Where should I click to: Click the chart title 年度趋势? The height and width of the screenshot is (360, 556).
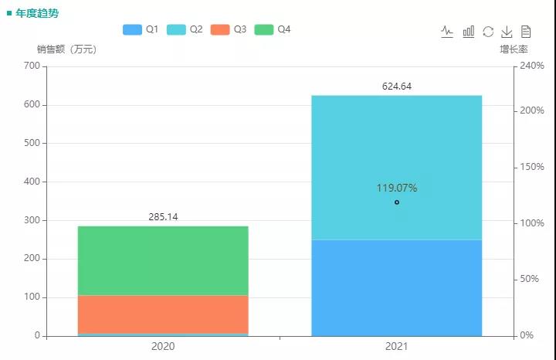coord(37,13)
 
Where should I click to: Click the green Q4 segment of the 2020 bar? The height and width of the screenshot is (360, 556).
coord(163,260)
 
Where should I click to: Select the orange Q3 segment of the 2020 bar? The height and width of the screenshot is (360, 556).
coord(163,314)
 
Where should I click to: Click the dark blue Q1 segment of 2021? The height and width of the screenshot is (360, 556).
coord(396,287)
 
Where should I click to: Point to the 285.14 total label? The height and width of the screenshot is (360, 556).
coord(163,217)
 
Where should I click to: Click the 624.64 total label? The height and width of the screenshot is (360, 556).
coord(396,87)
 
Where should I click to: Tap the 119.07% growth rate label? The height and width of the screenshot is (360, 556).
coord(397,188)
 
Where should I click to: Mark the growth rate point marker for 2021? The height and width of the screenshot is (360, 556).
coord(397,202)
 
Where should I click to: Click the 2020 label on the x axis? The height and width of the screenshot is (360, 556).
coord(163,347)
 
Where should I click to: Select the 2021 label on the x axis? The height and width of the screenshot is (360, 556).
coord(396,347)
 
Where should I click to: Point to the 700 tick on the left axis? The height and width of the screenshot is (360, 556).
coord(31,66)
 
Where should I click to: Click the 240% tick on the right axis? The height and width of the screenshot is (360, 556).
coord(531,66)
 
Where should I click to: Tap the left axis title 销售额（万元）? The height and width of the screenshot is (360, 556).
coord(66,49)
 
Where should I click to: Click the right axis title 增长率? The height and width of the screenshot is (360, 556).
coord(514,49)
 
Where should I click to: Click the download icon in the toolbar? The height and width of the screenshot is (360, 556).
coord(507,32)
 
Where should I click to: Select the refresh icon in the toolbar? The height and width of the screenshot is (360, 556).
coord(488,32)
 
